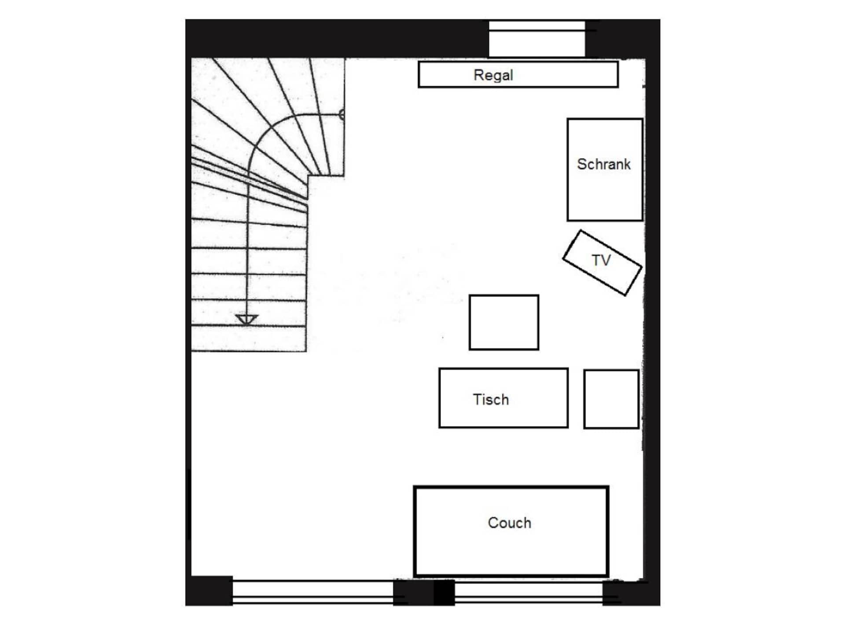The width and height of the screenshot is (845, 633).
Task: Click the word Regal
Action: point(493,75)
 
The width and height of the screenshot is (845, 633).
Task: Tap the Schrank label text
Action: point(603,164)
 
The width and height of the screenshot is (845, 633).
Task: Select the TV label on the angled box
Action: point(601,260)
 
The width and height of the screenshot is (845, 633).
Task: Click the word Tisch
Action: point(491,400)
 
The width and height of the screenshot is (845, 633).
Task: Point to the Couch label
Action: point(509,523)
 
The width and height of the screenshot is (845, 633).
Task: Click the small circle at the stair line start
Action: point(342,115)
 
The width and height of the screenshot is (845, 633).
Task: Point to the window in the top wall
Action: point(537,38)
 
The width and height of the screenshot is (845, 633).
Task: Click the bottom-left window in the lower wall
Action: point(313,592)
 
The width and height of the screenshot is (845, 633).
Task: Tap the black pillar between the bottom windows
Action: point(424,592)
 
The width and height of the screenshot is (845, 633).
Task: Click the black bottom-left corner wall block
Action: point(209,591)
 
